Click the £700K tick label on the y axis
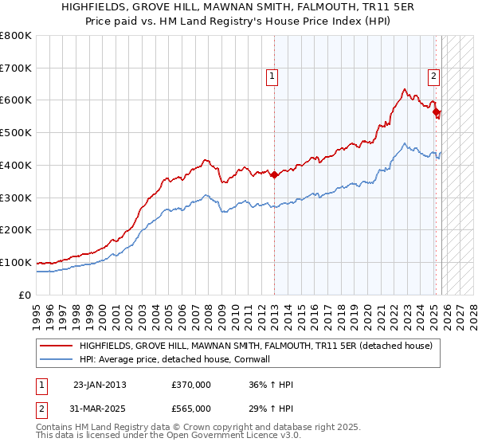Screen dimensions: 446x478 pyautogui.click(x=15, y=68)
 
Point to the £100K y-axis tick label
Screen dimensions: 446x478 pyautogui.click(x=15, y=263)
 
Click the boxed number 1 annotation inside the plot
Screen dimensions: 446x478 pyautogui.click(x=272, y=76)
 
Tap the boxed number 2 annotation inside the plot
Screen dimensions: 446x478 pyautogui.click(x=433, y=76)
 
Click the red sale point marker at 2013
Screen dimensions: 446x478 pyautogui.click(x=275, y=175)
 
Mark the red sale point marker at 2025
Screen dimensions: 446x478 pyautogui.click(x=436, y=112)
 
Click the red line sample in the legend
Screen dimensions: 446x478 pyautogui.click(x=56, y=346)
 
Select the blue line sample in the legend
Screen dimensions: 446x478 pyautogui.click(x=56, y=359)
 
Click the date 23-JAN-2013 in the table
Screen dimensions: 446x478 pyautogui.click(x=100, y=385)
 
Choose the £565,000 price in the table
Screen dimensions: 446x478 pyautogui.click(x=191, y=408)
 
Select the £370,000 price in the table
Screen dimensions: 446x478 pyautogui.click(x=191, y=385)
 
